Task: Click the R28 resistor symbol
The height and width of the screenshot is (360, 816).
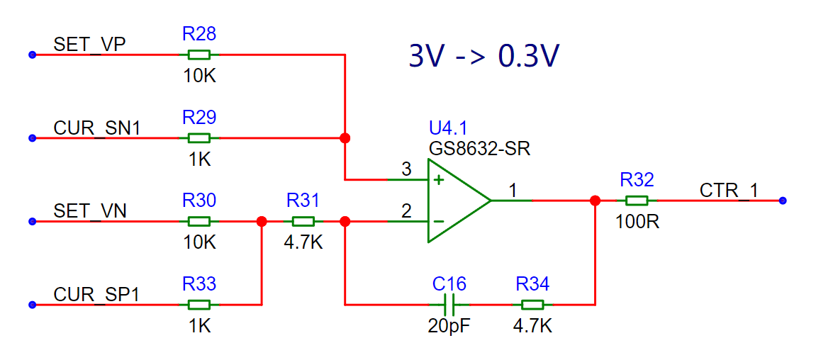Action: click(x=199, y=55)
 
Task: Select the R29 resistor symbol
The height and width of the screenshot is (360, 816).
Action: click(x=199, y=138)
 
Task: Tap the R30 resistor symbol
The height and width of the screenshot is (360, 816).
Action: click(x=199, y=222)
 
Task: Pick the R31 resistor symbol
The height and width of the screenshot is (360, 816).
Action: click(x=303, y=222)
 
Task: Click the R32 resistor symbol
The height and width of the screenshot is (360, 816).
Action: click(x=637, y=201)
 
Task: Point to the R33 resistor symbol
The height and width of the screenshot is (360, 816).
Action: click(x=199, y=305)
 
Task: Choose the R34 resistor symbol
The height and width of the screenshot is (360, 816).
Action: click(x=532, y=305)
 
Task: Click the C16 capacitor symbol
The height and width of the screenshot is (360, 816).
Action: click(x=449, y=305)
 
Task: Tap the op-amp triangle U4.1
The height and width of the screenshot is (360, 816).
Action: click(x=459, y=201)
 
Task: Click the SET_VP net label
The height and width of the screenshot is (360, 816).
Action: click(x=90, y=45)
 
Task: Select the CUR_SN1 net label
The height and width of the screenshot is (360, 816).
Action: click(x=97, y=128)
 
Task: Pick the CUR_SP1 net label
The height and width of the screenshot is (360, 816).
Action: click(x=97, y=295)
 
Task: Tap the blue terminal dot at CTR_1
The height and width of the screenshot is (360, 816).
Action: click(x=783, y=201)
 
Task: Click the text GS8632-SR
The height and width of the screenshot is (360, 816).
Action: click(x=479, y=150)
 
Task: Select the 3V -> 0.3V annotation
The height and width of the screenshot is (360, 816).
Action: click(x=484, y=57)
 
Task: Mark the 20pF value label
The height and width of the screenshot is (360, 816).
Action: click(x=449, y=326)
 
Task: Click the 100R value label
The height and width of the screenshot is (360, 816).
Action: click(x=637, y=222)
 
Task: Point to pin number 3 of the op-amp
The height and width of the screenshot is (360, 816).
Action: click(x=406, y=169)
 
